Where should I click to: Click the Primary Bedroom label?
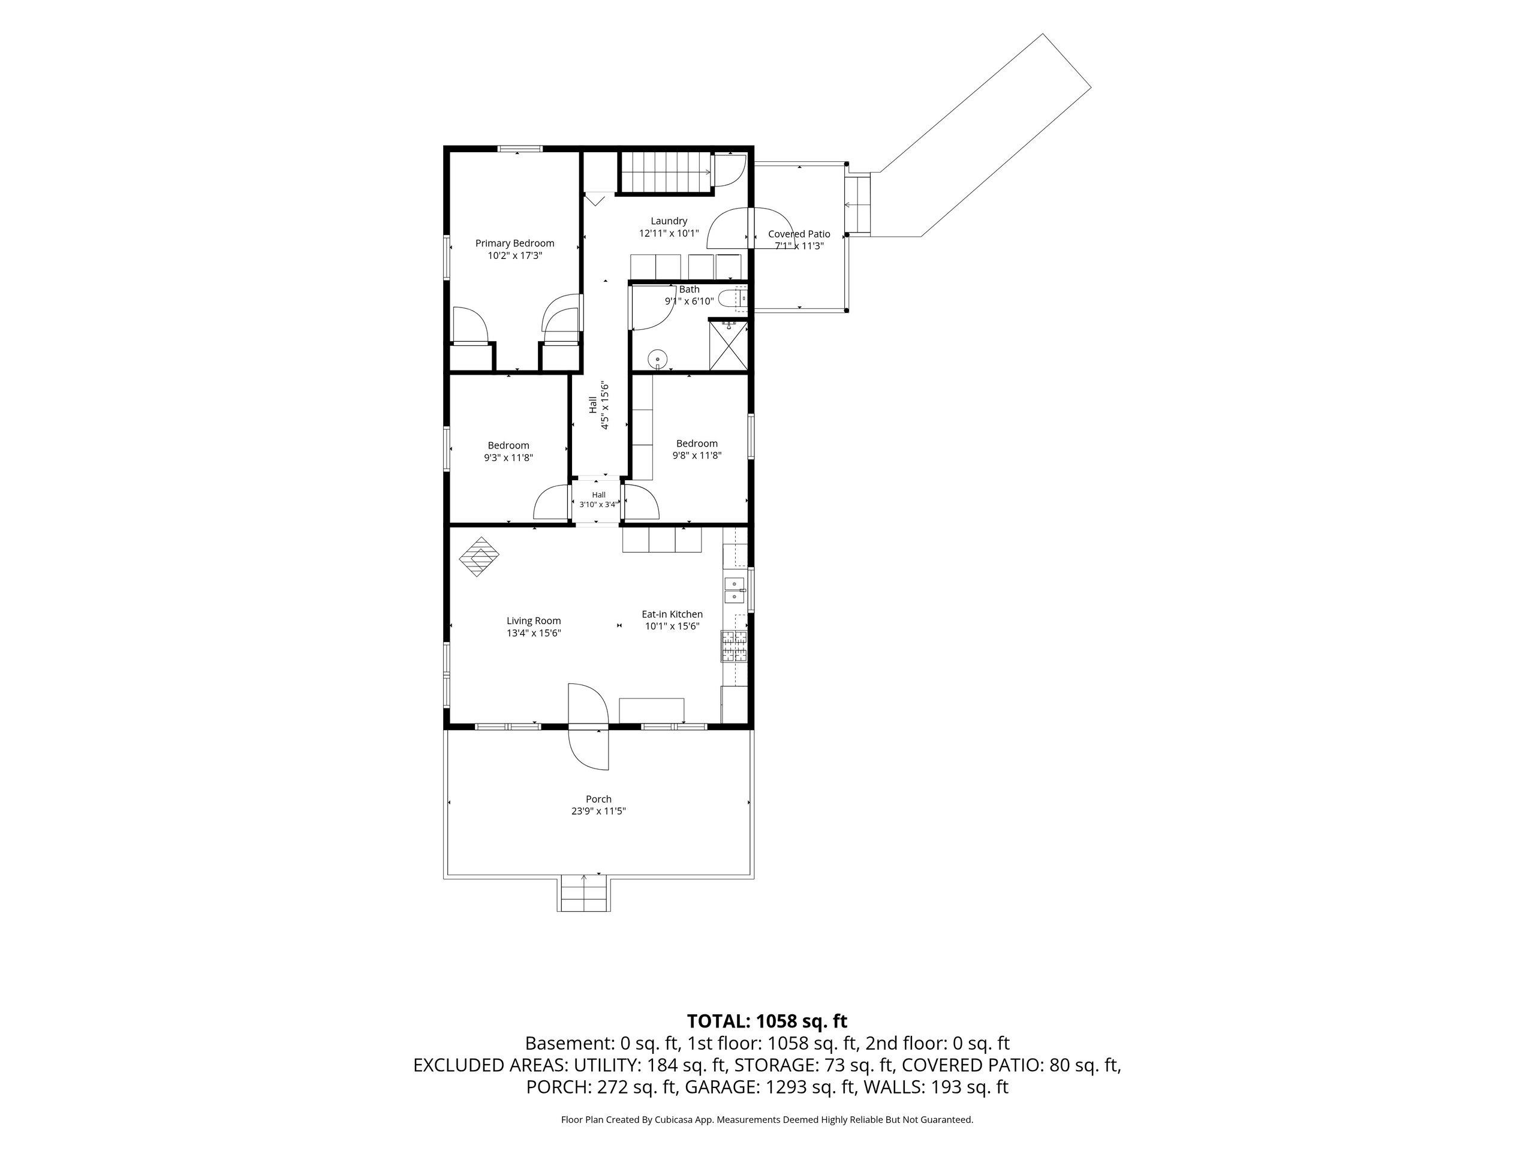(x=514, y=243)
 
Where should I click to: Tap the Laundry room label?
(x=669, y=221)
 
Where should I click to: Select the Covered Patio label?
(x=799, y=234)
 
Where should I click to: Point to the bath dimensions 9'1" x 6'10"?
(x=689, y=301)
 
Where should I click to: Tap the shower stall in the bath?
(x=728, y=345)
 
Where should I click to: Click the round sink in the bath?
(x=657, y=359)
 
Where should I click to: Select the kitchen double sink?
(x=734, y=590)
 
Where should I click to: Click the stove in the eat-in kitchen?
(x=735, y=645)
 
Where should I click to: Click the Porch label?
(x=598, y=799)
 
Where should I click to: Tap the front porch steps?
(x=584, y=894)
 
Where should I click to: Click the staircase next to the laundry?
(x=666, y=172)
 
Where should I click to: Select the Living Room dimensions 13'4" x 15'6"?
(x=534, y=632)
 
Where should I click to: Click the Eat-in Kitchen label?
(x=672, y=614)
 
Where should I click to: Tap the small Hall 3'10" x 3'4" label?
(x=598, y=499)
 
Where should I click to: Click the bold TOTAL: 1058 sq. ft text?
(x=767, y=1022)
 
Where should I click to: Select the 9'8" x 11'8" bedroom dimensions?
(x=697, y=455)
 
